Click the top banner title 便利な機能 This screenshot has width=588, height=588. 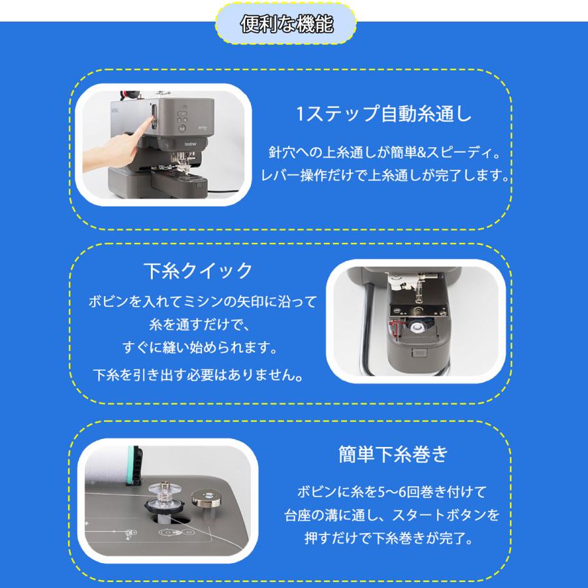click(287, 25)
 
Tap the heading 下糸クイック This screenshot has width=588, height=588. click(197, 270)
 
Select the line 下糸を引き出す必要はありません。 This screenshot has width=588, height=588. click(198, 376)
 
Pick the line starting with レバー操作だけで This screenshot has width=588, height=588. click(385, 176)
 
